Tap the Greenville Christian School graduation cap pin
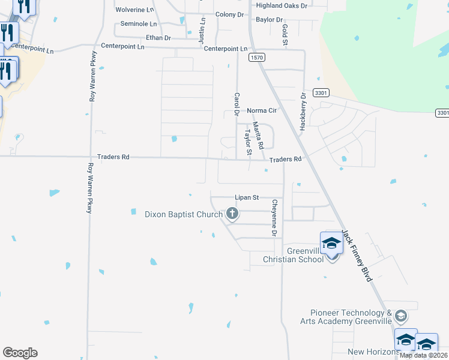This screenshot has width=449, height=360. click(331, 244)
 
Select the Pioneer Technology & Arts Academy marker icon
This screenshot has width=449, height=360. click(401, 316)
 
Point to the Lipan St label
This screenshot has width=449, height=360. click(246, 197)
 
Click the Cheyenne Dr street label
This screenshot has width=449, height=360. click(274, 218)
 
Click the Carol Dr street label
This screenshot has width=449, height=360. click(237, 104)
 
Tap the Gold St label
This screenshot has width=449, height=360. click(285, 35)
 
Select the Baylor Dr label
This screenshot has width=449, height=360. click(269, 20)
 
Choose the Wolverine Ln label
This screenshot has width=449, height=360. click(134, 10)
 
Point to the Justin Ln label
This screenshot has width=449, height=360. click(203, 28)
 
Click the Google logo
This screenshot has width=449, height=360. click(20, 353)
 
